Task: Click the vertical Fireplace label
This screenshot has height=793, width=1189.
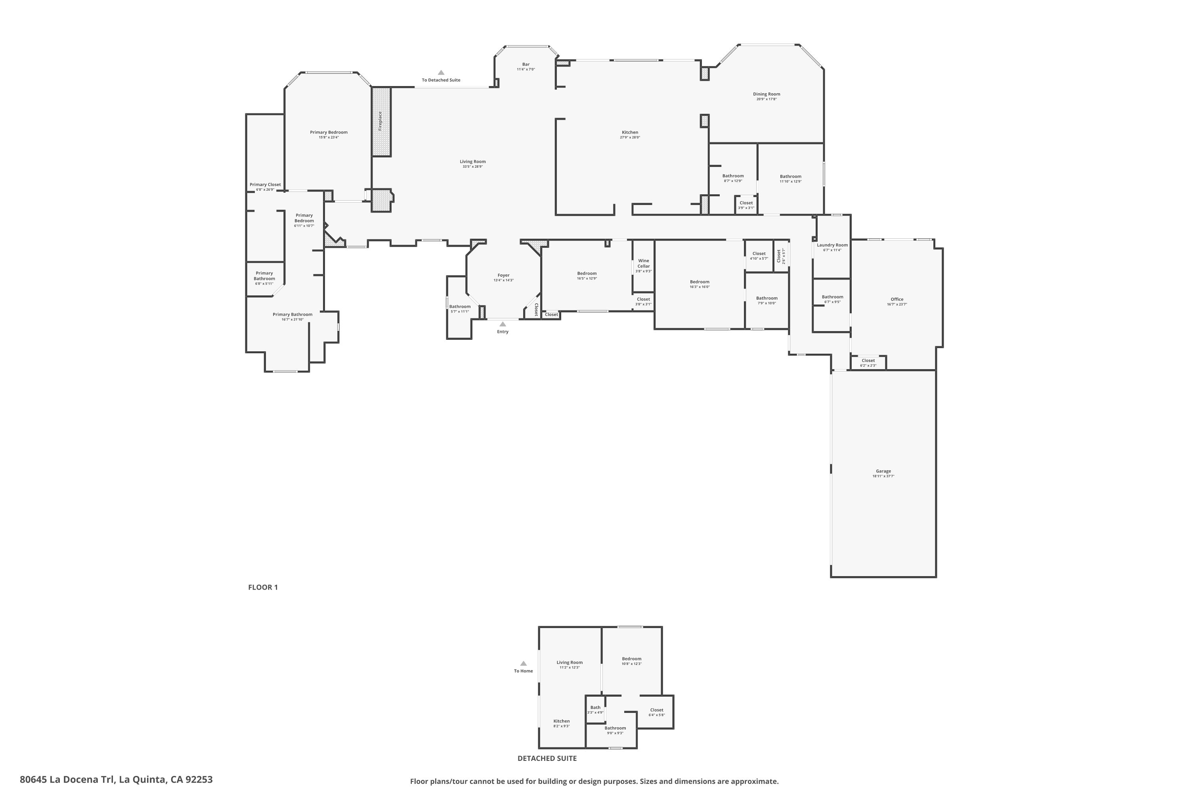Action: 380,121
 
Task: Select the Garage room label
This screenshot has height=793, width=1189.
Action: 883,471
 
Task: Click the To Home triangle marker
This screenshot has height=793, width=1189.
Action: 523,663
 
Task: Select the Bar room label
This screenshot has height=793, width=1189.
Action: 526,65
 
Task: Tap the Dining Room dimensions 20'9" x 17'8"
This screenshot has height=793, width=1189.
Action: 767,100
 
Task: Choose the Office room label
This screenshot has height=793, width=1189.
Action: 897,299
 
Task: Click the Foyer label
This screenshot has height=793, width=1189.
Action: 503,276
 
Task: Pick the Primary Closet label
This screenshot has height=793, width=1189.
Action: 265,185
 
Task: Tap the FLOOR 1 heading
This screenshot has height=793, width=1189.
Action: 263,587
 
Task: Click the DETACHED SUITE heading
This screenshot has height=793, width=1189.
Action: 547,759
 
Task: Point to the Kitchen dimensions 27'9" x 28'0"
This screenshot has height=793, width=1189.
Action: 630,138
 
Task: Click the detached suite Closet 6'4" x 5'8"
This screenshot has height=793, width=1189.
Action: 656,713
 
